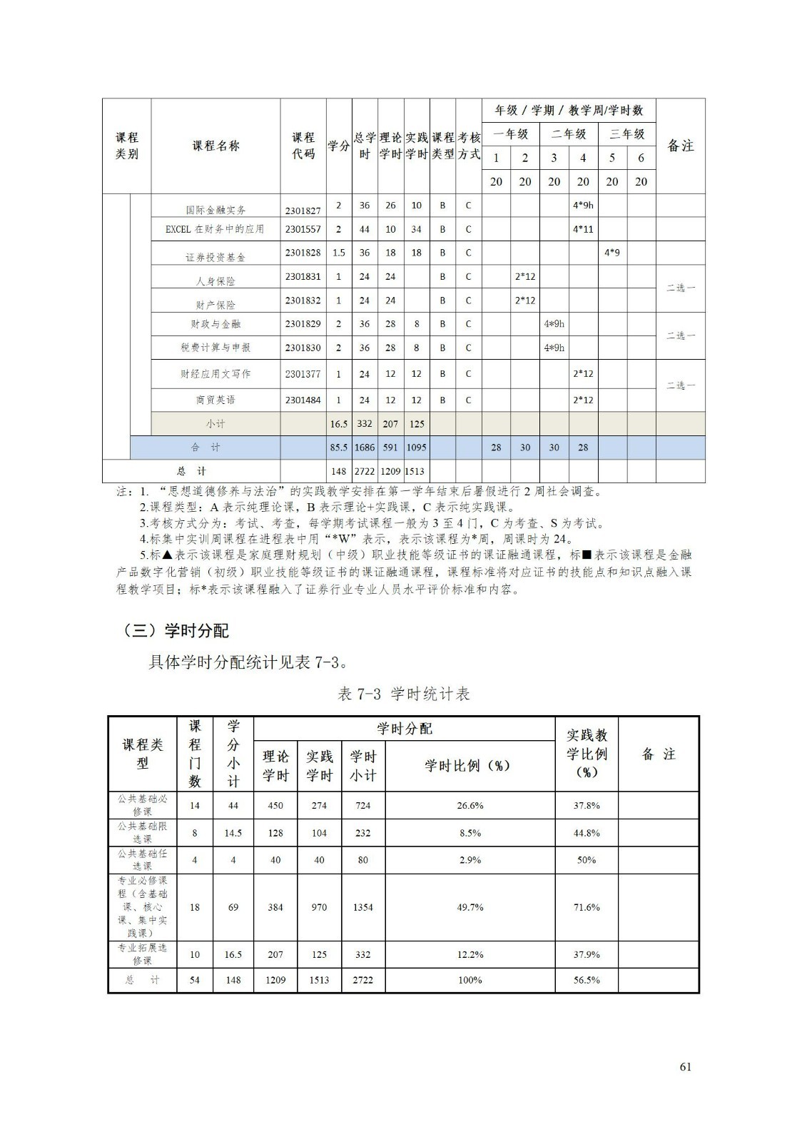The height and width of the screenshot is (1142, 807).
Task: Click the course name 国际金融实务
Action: click(215, 210)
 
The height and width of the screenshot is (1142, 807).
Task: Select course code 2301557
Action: click(303, 229)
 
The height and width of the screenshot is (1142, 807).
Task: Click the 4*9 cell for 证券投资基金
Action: click(611, 253)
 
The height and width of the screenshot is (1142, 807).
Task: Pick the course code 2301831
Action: click(303, 276)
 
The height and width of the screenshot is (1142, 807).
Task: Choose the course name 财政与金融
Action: click(215, 324)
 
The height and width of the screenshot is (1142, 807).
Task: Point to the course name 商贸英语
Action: click(215, 400)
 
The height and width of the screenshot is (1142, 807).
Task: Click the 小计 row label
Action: click(215, 423)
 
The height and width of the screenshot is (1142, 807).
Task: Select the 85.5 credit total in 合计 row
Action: click(339, 448)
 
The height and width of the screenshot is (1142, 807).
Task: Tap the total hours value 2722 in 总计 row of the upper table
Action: click(365, 471)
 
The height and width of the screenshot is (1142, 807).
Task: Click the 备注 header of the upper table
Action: click(680, 146)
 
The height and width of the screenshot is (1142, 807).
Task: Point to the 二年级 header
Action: click(569, 134)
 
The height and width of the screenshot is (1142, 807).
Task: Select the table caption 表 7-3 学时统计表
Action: click(403, 694)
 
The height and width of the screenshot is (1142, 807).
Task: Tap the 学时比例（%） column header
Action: click(470, 766)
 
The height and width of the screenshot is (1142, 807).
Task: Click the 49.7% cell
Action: click(470, 907)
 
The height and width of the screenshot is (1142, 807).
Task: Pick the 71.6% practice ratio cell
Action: click(587, 907)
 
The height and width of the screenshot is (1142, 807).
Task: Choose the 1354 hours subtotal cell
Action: click(362, 907)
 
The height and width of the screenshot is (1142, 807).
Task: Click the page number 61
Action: click(685, 1067)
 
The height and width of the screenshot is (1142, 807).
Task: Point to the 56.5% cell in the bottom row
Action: click(587, 980)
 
